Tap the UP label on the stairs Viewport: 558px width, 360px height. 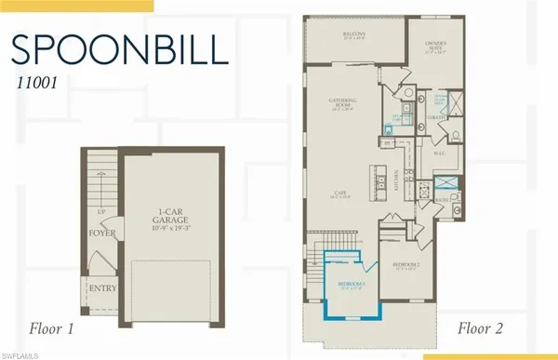100,210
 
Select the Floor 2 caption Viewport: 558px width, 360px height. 485,327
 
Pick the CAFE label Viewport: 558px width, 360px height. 340,193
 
